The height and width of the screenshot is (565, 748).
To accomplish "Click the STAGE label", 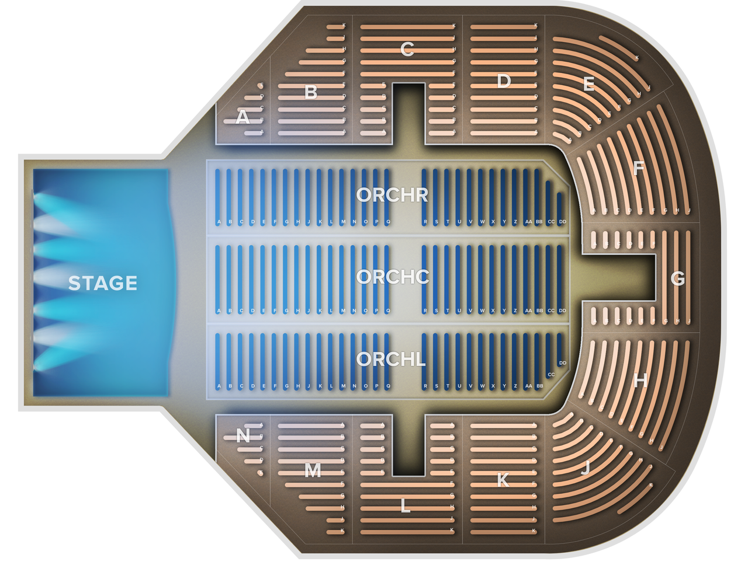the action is (102, 283).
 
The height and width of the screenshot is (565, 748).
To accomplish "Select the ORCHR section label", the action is (392, 195).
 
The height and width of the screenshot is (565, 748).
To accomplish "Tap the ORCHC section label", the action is (392, 277).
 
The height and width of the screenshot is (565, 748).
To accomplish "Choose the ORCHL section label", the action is (391, 359).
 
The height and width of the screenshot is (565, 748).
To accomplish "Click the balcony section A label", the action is (243, 118).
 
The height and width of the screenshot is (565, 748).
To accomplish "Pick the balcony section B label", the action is (311, 92).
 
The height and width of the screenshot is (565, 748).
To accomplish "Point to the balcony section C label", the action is (407, 50).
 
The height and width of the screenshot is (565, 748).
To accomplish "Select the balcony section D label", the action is (504, 81).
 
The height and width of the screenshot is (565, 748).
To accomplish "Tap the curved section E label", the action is (588, 85).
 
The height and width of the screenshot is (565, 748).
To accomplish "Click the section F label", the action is (639, 169).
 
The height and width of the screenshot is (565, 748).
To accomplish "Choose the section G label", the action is (677, 279).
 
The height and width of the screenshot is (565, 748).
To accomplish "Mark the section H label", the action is (640, 381).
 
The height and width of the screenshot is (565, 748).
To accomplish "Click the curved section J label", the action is (585, 468).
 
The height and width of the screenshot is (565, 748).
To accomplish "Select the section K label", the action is (503, 480).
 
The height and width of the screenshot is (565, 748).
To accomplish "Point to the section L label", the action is (405, 506).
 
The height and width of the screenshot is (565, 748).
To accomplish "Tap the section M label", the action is (313, 470).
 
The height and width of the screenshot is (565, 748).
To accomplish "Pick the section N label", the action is (243, 435).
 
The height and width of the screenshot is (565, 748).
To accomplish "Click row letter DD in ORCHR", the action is (562, 222).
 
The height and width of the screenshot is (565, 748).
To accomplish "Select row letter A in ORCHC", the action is (219, 311).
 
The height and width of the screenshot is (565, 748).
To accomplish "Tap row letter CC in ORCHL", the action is (551, 374).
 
